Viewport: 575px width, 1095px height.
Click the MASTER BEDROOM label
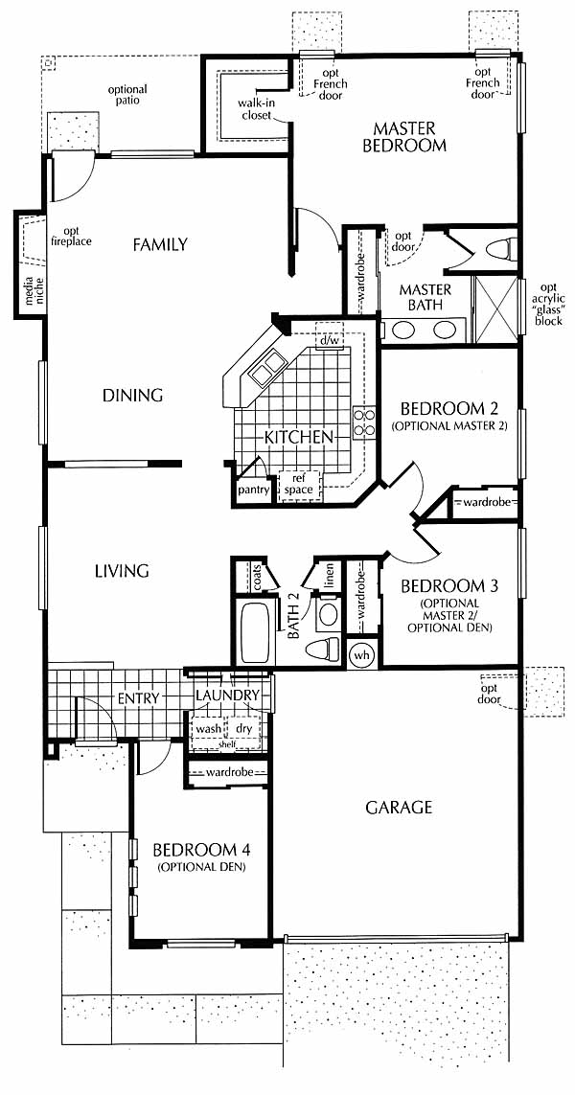[x=408, y=138]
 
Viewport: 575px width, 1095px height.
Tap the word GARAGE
[x=399, y=808]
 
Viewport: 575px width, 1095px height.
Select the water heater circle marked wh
[x=361, y=656]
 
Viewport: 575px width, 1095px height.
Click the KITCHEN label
[x=298, y=438]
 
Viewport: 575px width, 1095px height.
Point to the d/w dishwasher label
[x=329, y=342]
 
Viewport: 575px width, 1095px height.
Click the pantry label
[x=254, y=490]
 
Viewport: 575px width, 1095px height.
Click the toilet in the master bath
[x=502, y=249]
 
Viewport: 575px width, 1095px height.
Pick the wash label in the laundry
[x=208, y=728]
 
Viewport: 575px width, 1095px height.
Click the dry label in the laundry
[x=243, y=728]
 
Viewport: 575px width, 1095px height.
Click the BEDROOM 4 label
[x=201, y=850]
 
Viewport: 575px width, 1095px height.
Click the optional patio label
[x=127, y=94]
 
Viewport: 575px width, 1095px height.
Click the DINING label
[x=133, y=396]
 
